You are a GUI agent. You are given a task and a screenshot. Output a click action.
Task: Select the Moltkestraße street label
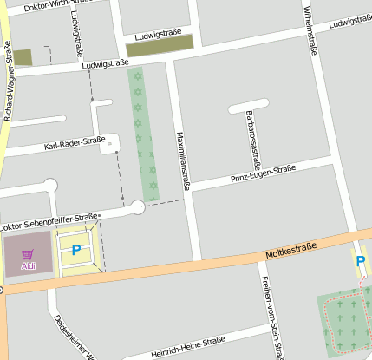291,250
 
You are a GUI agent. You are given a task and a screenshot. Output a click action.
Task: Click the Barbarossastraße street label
253,139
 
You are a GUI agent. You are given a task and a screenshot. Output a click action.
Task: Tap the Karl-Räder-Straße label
75,143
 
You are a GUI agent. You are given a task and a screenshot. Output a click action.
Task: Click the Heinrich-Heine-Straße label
187,346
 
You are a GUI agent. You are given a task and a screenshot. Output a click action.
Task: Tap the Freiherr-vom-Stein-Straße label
271,317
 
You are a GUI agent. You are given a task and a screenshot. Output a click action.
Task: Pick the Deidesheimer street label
73,338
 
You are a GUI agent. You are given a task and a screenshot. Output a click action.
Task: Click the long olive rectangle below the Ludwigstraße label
160,49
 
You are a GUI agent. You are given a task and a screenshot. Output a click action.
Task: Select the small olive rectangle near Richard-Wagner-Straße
23,57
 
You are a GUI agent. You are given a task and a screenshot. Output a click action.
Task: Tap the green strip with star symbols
144,134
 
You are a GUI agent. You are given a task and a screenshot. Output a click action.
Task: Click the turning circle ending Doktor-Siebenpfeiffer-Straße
137,207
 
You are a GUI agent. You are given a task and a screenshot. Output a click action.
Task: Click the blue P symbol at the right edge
360,259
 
